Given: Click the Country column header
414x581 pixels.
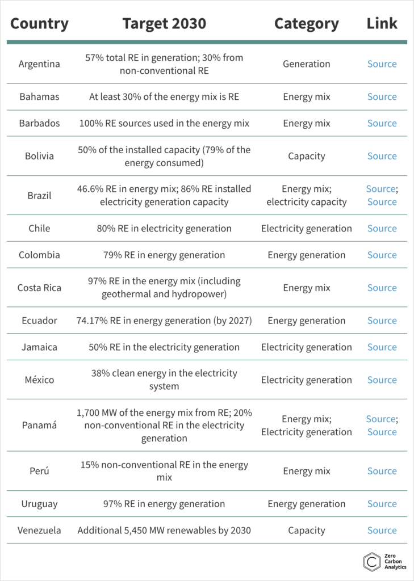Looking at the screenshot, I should (39, 23).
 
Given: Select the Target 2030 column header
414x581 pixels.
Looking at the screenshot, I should (164, 23).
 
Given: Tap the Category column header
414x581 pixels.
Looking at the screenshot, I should (306, 23).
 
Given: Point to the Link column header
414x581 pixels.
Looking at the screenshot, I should (382, 23).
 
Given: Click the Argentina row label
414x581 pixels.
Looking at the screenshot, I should (39, 64).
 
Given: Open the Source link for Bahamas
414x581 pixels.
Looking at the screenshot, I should (382, 97).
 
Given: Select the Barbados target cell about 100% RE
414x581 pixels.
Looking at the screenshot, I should (164, 124).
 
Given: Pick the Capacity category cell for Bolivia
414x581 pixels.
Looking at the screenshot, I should (306, 156).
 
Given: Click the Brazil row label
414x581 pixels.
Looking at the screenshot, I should (39, 196).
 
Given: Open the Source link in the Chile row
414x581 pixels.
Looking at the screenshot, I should (382, 229).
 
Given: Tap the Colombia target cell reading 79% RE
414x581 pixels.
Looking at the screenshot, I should (164, 255).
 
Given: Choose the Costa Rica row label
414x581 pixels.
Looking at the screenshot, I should (39, 288).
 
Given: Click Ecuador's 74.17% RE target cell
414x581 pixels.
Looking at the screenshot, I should (164, 321).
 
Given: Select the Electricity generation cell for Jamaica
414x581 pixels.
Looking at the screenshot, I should (306, 347).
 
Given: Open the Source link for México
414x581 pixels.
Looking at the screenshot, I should (382, 380).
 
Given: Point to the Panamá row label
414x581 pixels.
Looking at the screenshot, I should (39, 426).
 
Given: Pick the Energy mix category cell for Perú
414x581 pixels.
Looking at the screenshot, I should (306, 471).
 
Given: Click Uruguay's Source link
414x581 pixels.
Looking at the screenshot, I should (382, 504).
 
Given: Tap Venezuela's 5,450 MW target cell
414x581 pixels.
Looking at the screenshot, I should (164, 531).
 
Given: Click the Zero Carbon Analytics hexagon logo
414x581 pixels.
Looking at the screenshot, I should (372, 561).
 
